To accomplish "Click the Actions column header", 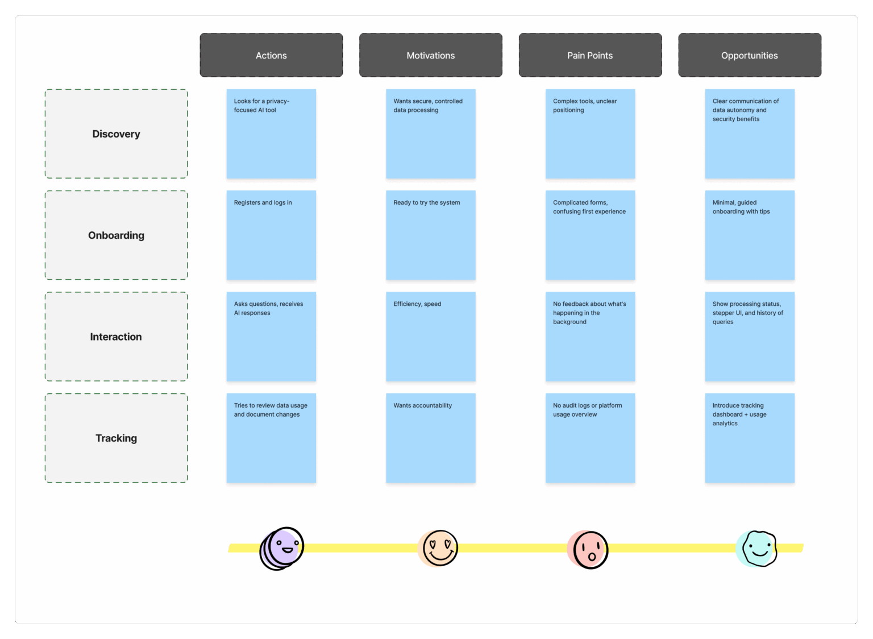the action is click(x=271, y=55).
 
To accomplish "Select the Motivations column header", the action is click(x=431, y=55).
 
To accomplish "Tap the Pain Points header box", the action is click(x=590, y=55).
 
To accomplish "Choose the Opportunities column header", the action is click(x=750, y=55).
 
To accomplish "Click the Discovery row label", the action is click(x=116, y=134).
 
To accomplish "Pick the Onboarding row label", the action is click(x=116, y=235).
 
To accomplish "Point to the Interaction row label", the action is click(x=116, y=337).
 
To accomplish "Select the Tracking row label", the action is click(x=116, y=438).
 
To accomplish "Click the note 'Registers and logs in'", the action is click(x=271, y=235).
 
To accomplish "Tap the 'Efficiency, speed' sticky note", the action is click(x=431, y=337).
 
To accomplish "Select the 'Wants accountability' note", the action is click(x=431, y=438).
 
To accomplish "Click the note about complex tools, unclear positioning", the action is click(x=590, y=134).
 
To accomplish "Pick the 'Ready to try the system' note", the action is click(x=431, y=235).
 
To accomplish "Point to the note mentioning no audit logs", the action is click(x=590, y=438).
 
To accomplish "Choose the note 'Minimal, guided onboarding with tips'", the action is click(x=750, y=235).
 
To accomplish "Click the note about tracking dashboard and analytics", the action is click(x=750, y=438).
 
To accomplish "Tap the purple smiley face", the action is click(x=282, y=548).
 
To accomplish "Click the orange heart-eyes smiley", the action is click(x=438, y=548).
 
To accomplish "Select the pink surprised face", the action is click(x=588, y=549).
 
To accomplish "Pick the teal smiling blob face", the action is click(x=756, y=549).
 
